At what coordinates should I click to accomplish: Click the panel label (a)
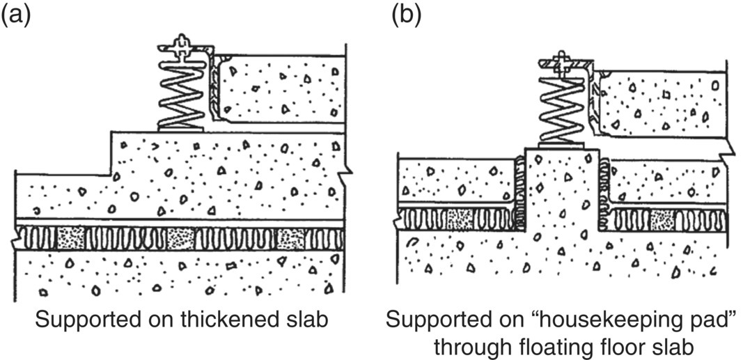[x=16, y=15]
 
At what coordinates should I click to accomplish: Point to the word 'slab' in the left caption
[x=307, y=320]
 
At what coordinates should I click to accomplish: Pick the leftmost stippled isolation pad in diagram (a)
[x=72, y=237]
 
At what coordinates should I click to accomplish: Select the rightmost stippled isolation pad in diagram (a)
[x=291, y=237]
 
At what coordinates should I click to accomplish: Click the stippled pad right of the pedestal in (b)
[x=662, y=219]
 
